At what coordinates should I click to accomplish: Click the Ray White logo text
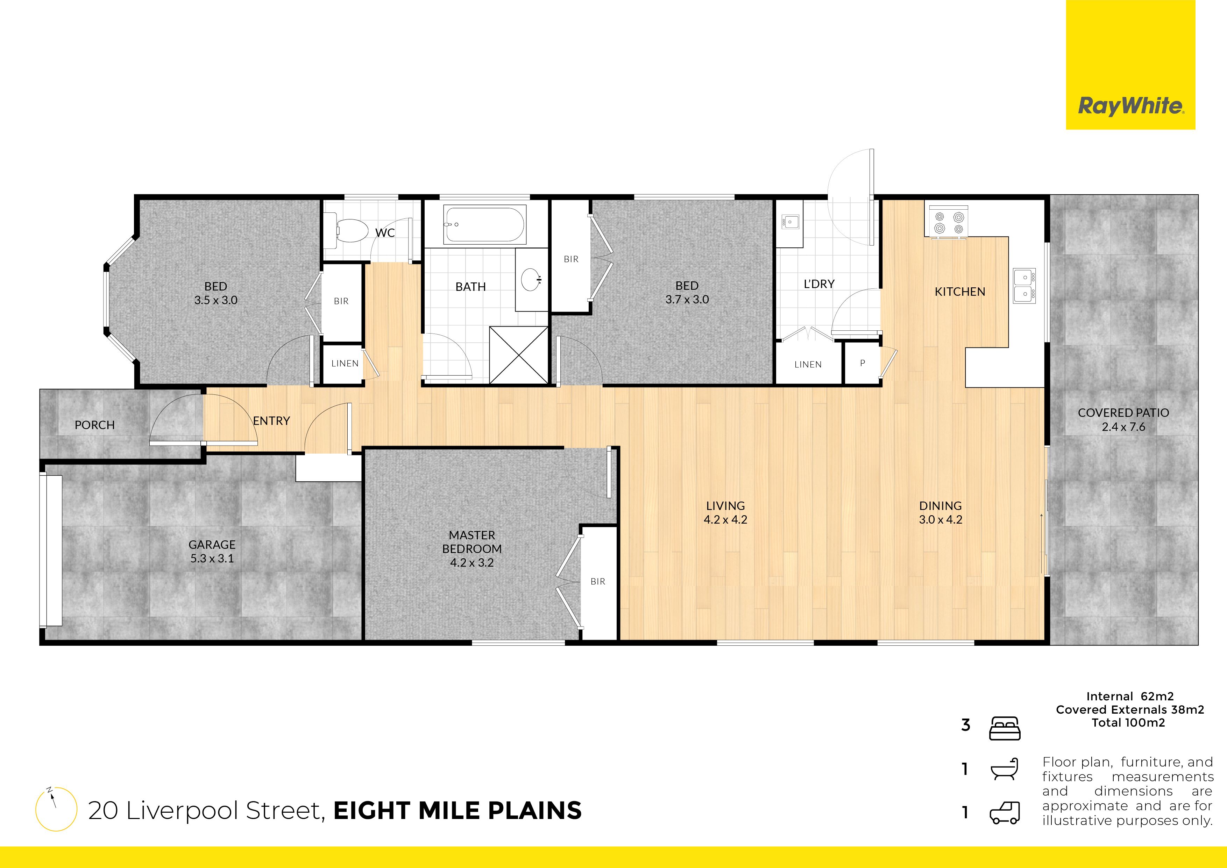1130,106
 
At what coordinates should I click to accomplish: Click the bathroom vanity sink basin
531,279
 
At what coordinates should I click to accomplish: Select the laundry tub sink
790,222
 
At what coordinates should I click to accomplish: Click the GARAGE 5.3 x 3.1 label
212,551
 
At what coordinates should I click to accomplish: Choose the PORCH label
94,425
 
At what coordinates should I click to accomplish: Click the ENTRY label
271,421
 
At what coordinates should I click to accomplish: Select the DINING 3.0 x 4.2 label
941,512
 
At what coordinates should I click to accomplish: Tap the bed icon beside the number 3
1005,728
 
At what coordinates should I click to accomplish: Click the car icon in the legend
1005,813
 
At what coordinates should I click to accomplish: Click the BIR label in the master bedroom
598,581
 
